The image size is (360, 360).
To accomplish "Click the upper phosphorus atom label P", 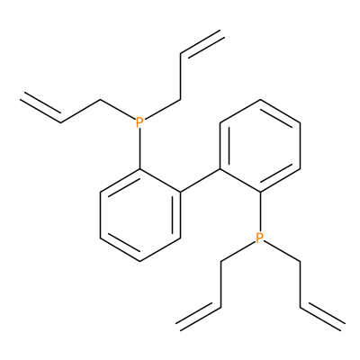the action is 139,122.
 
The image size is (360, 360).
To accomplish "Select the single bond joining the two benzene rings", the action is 201,181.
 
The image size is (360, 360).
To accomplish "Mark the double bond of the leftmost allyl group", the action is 41,107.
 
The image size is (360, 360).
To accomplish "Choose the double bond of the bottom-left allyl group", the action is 199,318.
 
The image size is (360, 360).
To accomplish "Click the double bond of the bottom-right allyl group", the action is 321,318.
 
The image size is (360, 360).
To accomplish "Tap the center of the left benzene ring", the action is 140,215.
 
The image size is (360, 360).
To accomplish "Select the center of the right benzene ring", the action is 260,146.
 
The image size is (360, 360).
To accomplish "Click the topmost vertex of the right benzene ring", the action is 260,100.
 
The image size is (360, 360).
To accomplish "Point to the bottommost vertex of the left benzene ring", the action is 140,261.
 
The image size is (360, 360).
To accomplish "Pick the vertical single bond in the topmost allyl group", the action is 181,76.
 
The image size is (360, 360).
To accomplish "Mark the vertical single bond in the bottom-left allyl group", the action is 220,284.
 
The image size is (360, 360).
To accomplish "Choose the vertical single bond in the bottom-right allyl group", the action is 301,284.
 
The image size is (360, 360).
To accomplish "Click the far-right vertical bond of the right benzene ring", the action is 301,146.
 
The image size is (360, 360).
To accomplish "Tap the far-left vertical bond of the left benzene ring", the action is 101,215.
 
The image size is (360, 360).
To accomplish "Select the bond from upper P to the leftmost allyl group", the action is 117,109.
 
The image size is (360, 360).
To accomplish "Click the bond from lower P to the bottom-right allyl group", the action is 283,251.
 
